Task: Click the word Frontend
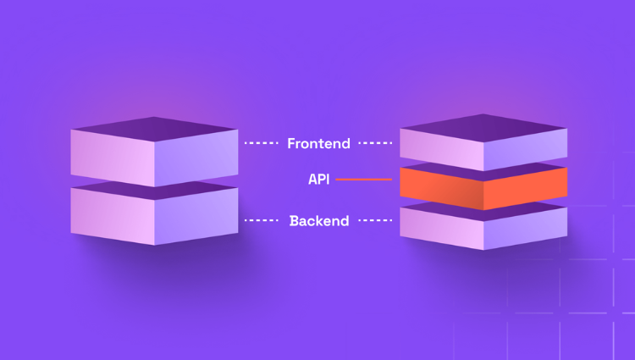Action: pos(318,143)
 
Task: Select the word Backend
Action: pos(319,221)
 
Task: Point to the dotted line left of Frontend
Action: pos(262,143)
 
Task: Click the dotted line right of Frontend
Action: pos(374,143)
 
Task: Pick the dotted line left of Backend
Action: pos(262,221)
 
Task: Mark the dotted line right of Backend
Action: pos(374,221)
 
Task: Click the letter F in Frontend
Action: pos(292,143)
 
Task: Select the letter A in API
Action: pos(313,180)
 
